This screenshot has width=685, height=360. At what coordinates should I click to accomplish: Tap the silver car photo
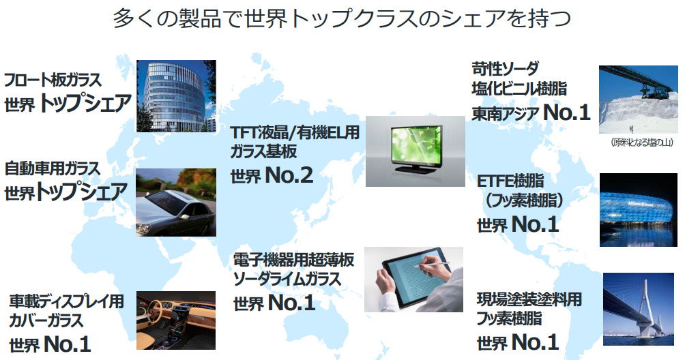pos(176,202)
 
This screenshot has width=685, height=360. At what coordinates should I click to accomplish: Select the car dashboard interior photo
pos(176,320)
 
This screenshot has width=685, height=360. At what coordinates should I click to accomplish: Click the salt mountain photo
pos(640,101)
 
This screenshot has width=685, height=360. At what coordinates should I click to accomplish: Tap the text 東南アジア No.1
pos(530,112)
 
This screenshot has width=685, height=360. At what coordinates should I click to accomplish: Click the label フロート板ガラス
pos(53,80)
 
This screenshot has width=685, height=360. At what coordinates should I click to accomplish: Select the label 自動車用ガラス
pos(53,168)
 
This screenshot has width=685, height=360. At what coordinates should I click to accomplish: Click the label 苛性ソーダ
pos(505,68)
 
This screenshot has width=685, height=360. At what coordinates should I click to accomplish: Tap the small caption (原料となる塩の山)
pos(639,143)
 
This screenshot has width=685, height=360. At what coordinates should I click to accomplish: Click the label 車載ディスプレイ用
pos(66,301)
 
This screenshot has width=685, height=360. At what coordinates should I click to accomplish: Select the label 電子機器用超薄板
pos(293,260)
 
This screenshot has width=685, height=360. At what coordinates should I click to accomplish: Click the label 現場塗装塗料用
pos(529,299)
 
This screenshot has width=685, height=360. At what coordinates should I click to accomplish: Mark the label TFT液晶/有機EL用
pos(294,132)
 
